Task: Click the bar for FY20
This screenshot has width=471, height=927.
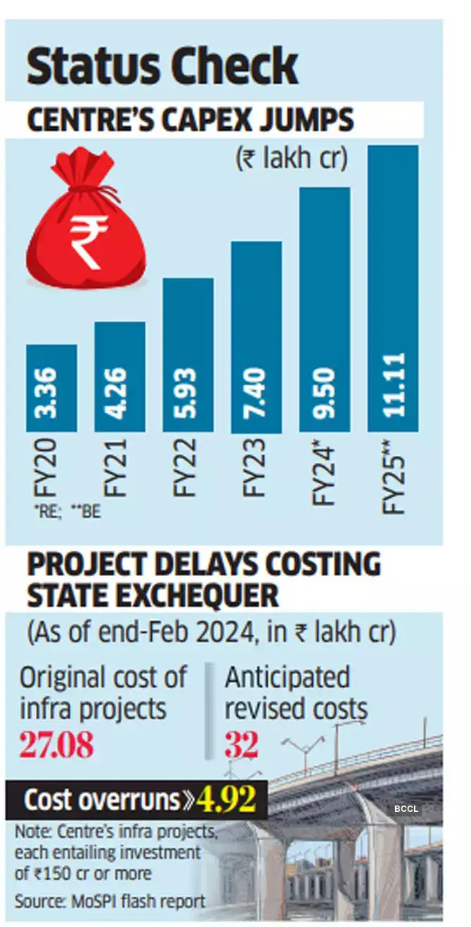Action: (51, 388)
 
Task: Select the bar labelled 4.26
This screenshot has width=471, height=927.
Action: (120, 377)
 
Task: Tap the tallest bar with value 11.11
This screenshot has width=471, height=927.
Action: (393, 288)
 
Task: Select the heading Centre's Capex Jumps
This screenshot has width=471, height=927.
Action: (190, 120)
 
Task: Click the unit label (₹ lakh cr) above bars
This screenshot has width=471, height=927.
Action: (291, 159)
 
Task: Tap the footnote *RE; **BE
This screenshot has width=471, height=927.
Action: (65, 512)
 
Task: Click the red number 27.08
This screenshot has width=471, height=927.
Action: (56, 745)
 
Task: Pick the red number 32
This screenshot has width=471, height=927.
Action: (242, 745)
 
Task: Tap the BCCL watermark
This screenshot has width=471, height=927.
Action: (406, 809)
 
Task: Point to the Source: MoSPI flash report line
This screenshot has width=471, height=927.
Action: (110, 901)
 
